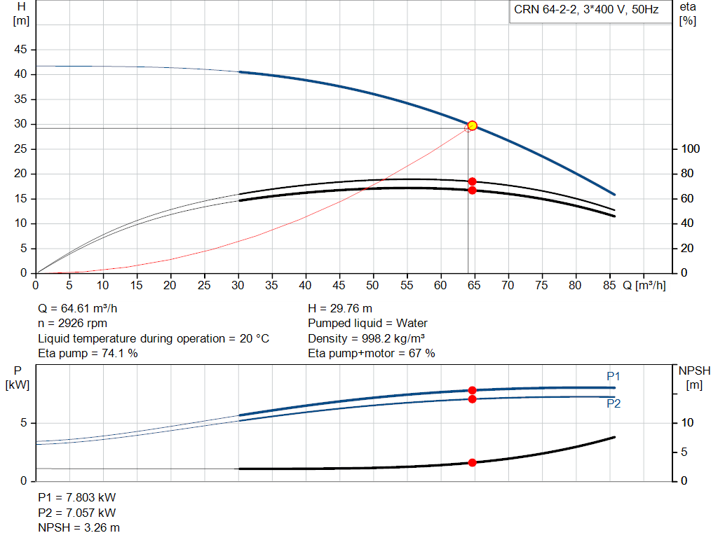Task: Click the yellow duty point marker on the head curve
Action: pos(472,125)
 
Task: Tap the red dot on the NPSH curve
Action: pos(472,463)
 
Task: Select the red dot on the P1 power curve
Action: pos(472,390)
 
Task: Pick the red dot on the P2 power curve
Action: pos(472,399)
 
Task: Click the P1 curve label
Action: pos(613,376)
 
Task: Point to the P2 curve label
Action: pos(613,403)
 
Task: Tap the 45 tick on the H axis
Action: pos(20,50)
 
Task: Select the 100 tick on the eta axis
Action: pos(690,148)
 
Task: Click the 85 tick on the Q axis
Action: pos(609,285)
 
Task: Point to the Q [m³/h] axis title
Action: pos(644,285)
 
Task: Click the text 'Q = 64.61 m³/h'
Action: pos(77,309)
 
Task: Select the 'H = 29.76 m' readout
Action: pos(340,309)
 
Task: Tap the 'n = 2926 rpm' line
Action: pos(72,324)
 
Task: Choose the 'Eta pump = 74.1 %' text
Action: pos(88,354)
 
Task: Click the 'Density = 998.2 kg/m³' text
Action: pos(366,338)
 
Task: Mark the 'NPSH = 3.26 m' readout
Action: pos(79,528)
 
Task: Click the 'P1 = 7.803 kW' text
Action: pos(77,497)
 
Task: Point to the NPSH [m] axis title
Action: pos(694,378)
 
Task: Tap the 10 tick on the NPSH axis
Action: pos(687,422)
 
